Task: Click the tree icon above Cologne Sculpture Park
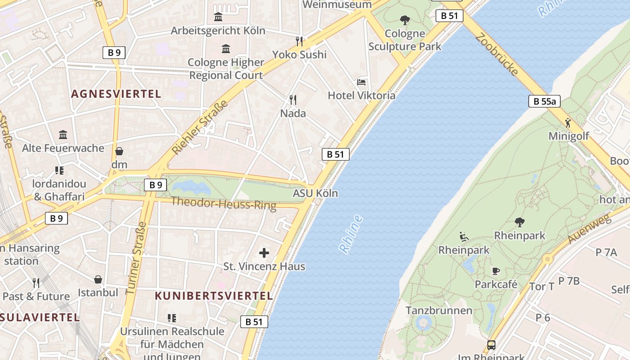tap(405, 20)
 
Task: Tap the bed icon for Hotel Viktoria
tap(361, 82)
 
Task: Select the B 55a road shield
tap(544, 101)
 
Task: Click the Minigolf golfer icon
tap(568, 122)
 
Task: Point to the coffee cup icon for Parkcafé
tap(495, 271)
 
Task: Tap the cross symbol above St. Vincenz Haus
tap(264, 252)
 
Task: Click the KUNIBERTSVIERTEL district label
tap(214, 296)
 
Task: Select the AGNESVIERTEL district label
tap(116, 94)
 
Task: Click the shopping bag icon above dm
tap(119, 151)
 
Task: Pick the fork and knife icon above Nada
tap(293, 99)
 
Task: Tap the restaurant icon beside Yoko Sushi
tap(300, 41)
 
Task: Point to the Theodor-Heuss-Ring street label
tap(224, 203)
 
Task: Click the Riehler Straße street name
tap(200, 127)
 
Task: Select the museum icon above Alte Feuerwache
tap(63, 135)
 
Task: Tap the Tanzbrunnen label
tap(439, 310)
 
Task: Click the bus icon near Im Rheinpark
tap(491, 345)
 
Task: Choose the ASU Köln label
tap(315, 193)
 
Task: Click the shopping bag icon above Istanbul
tap(98, 279)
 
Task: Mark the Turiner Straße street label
tap(136, 258)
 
